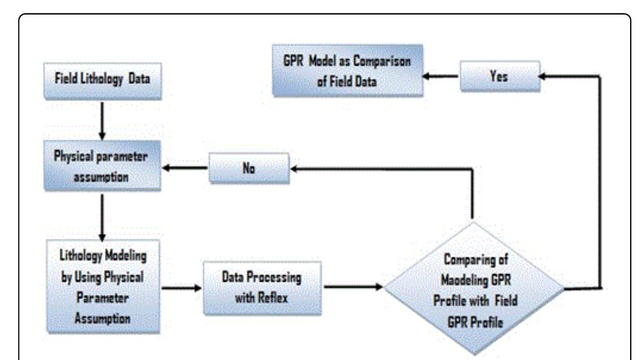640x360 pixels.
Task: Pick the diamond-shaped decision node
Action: [473, 287]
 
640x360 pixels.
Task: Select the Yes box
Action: [501, 75]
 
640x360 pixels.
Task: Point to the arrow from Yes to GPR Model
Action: [441, 76]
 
